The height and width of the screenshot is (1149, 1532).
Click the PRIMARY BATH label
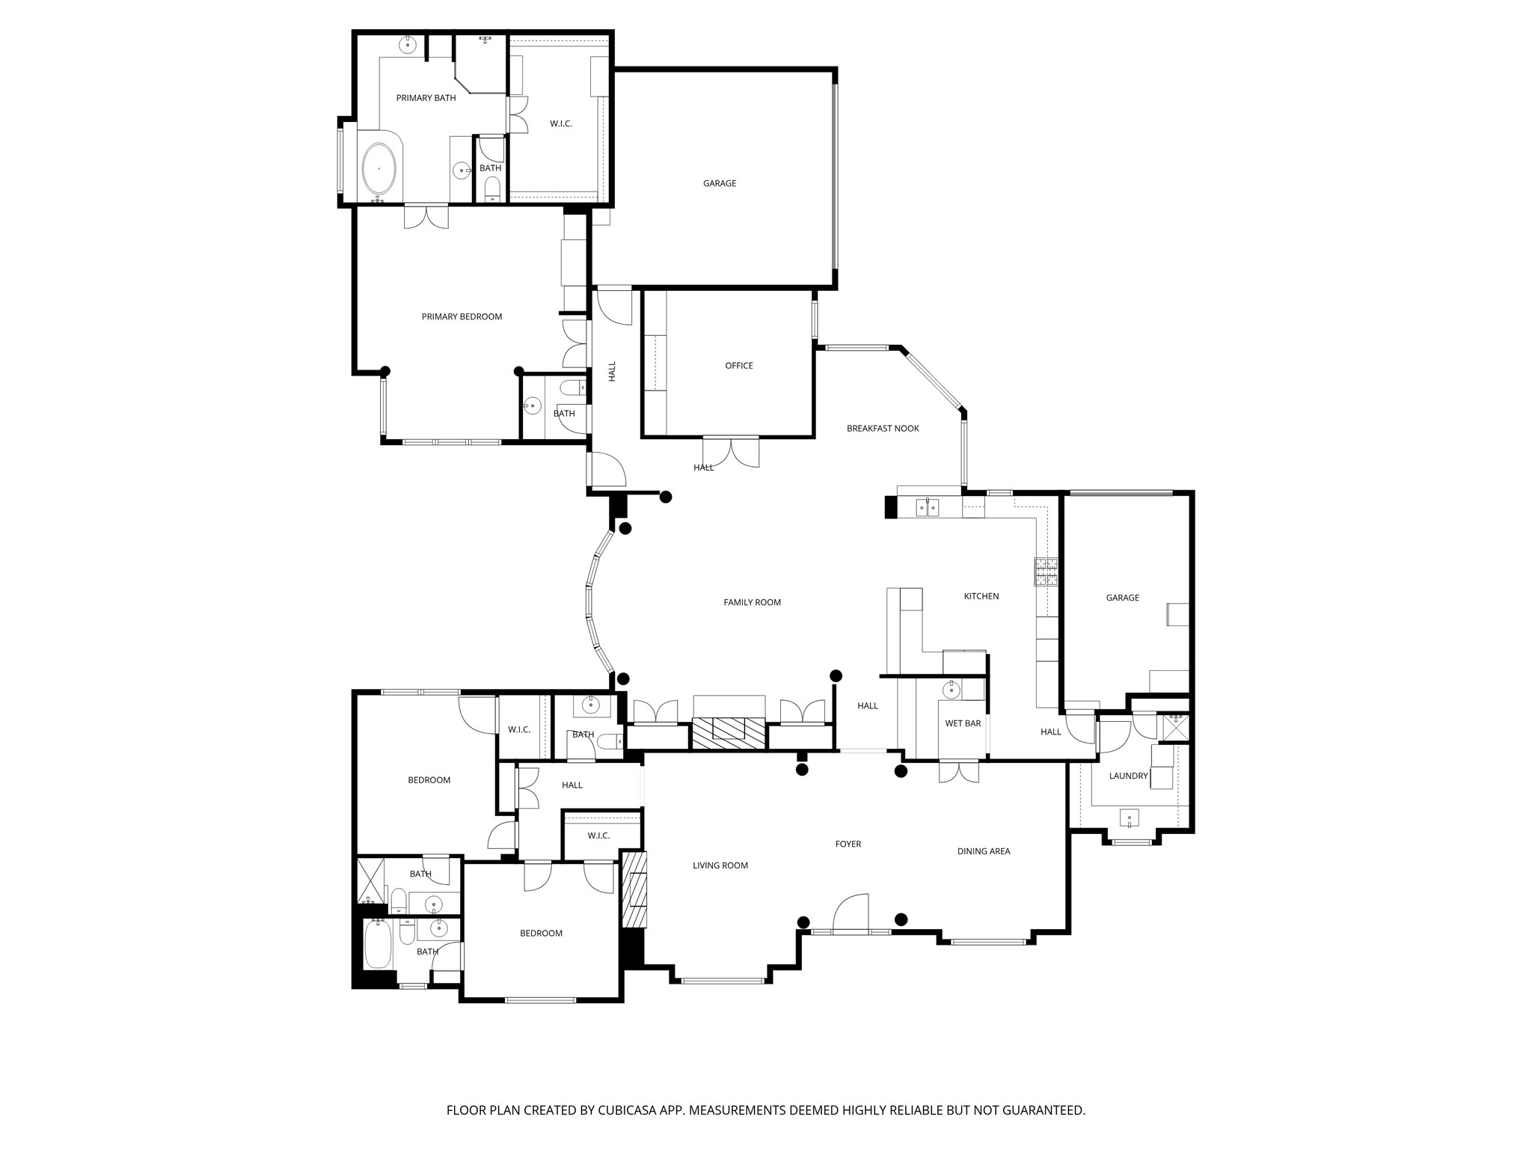[426, 98]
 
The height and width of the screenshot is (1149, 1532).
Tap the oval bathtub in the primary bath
[379, 169]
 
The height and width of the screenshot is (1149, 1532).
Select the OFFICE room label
[739, 366]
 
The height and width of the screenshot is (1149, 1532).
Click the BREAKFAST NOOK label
[883, 429]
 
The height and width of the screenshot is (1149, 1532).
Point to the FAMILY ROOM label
[752, 602]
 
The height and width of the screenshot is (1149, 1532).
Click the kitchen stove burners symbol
[1046, 572]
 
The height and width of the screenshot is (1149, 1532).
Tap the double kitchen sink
[928, 507]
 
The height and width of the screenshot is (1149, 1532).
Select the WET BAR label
[963, 723]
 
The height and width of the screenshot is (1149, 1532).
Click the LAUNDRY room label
[1128, 776]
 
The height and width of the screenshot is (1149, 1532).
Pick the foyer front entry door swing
[852, 913]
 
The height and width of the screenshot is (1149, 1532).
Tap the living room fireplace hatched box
[634, 889]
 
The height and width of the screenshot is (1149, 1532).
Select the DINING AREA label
[984, 851]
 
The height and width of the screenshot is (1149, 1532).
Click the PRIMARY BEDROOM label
[462, 316]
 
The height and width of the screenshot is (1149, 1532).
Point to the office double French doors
[731, 452]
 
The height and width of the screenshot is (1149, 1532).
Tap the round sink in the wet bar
[952, 689]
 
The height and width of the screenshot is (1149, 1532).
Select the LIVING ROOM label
[720, 865]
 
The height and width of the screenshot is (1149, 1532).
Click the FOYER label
[848, 844]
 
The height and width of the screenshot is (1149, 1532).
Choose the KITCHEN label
[981, 596]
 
